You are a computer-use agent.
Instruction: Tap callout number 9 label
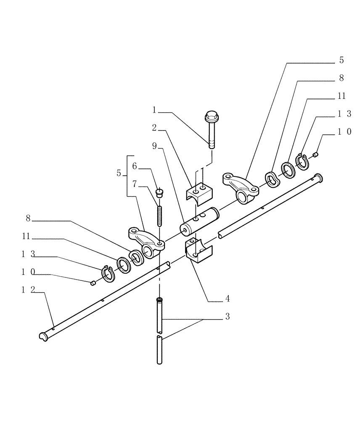(x=154, y=146)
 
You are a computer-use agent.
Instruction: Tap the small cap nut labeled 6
(x=159, y=193)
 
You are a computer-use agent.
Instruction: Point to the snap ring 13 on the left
(x=108, y=274)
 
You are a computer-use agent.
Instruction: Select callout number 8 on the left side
(x=28, y=218)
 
